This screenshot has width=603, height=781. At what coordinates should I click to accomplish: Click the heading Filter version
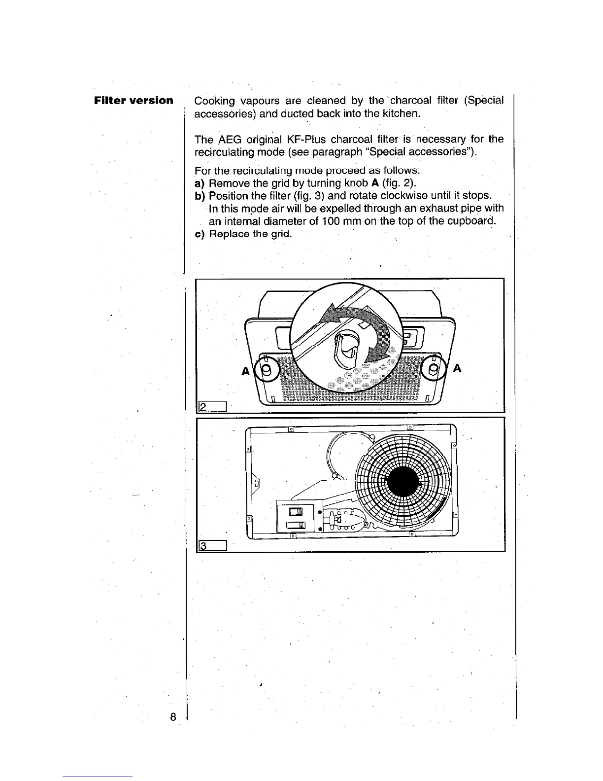pos(134,101)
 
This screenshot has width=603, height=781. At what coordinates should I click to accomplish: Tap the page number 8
pos(173,717)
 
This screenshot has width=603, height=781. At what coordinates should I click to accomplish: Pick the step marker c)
pos(200,233)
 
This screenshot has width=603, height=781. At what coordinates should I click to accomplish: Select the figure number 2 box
pos(211,406)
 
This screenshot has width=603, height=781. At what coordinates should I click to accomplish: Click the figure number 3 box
pos(211,545)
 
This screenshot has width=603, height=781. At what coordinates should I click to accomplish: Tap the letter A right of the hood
pos(458,368)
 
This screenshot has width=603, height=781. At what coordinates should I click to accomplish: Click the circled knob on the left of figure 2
pos(267,370)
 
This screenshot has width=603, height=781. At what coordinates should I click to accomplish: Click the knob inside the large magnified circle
pos(347,348)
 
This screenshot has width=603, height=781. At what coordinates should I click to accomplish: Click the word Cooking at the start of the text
pos(214,101)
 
